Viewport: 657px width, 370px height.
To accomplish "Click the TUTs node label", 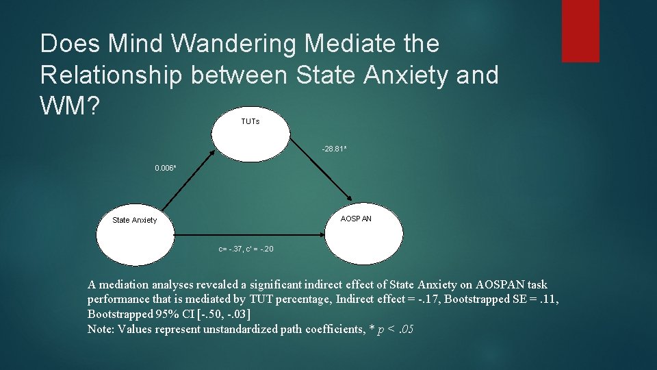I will (250, 121).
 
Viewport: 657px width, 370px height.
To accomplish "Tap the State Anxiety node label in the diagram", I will (134, 220).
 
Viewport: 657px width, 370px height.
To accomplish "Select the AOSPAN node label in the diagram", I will (356, 219).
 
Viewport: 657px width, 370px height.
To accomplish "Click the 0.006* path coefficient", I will (166, 167).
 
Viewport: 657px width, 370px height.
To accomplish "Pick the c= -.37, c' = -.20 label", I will (246, 249).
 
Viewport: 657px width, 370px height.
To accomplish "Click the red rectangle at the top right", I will (580, 31).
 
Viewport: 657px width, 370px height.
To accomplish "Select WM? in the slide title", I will (70, 107).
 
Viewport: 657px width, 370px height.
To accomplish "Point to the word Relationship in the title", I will (111, 75).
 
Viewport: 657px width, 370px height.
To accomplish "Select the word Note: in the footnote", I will (102, 330).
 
